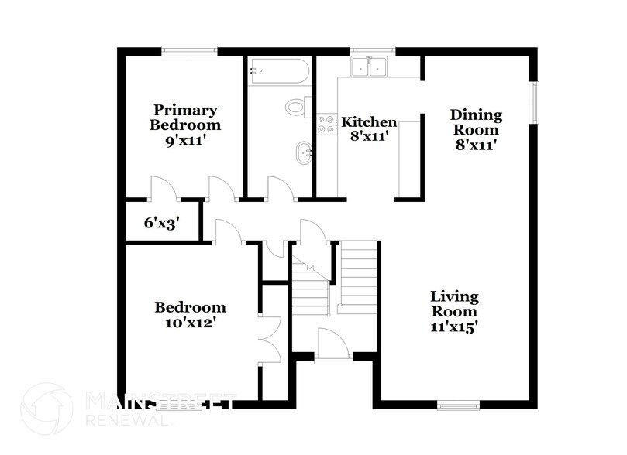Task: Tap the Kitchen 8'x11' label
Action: pyautogui.click(x=369, y=128)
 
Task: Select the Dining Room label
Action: pyautogui.click(x=476, y=128)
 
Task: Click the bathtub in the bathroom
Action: pyautogui.click(x=279, y=71)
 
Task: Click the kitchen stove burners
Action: pyautogui.click(x=326, y=124)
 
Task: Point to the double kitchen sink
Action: pyautogui.click(x=369, y=67)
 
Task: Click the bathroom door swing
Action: pyautogui.click(x=278, y=189)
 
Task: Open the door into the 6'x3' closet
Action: pyautogui.click(x=162, y=189)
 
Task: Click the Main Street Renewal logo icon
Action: pyautogui.click(x=47, y=409)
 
